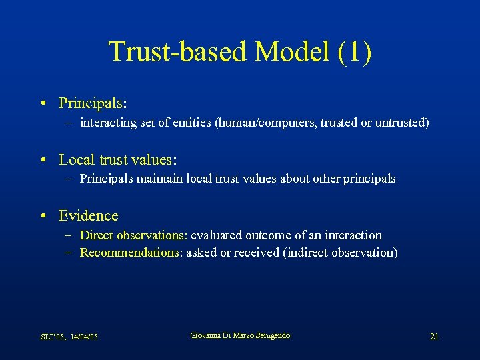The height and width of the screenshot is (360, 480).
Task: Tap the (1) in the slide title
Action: pyautogui.click(x=355, y=52)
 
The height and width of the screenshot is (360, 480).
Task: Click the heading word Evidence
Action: pyautogui.click(x=88, y=216)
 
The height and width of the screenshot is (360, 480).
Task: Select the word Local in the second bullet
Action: pyautogui.click(x=75, y=160)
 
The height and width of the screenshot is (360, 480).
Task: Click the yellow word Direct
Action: pyautogui.click(x=97, y=235)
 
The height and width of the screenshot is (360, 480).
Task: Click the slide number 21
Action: pyautogui.click(x=434, y=337)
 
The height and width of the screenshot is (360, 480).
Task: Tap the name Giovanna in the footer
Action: pyautogui.click(x=207, y=335)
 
